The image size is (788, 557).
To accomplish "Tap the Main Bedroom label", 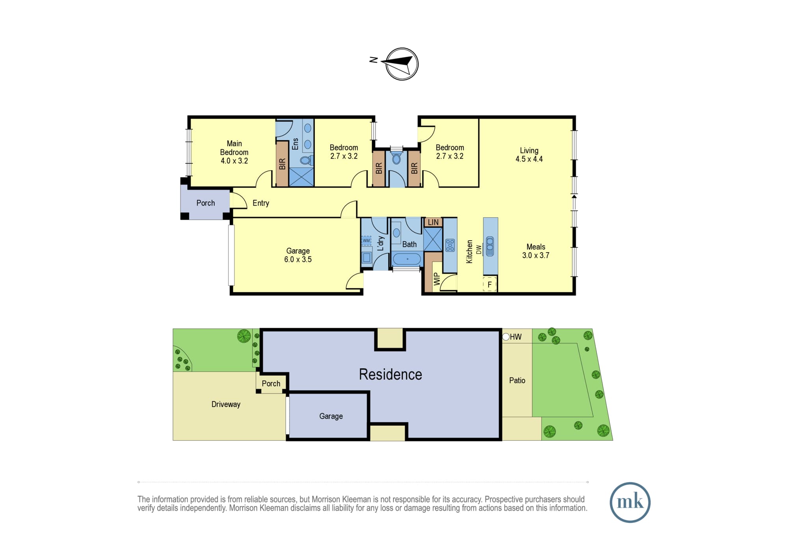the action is (234, 148).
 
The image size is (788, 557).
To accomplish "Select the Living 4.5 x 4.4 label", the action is (529, 154).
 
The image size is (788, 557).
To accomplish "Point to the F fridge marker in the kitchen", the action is (490, 284).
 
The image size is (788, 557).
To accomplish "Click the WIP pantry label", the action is (436, 279).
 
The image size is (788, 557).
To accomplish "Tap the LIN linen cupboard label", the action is (433, 222).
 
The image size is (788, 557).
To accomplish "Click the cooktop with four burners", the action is (450, 245).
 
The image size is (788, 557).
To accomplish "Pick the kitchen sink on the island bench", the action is (490, 246).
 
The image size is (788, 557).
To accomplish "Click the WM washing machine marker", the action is (366, 241).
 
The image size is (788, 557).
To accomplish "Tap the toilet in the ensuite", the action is (306, 160).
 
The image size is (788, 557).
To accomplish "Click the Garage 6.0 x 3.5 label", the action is (298, 255).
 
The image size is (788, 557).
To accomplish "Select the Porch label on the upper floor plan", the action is (206, 203).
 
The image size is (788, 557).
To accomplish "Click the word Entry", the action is (261, 203).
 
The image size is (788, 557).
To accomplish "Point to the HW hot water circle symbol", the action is (506, 337).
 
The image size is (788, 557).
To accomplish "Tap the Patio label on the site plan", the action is (517, 380).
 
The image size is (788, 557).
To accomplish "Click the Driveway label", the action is (226, 404).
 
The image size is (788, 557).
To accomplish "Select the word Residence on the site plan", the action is (390, 374).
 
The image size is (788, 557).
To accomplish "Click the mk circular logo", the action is (630, 502).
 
